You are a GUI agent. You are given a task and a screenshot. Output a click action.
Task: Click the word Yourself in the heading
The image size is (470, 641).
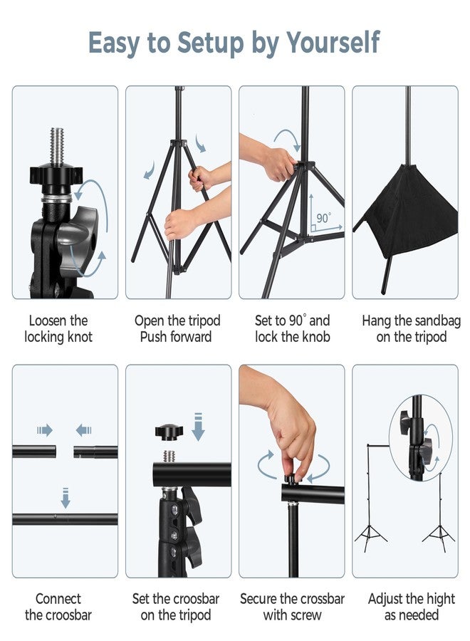coord(333,42)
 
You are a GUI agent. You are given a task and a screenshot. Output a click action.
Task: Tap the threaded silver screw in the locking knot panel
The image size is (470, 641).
coord(58,146)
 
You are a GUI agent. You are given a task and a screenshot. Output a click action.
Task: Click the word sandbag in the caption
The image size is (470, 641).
coord(439,321)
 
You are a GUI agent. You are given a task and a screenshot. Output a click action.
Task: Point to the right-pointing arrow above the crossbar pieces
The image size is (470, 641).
coord(45,430)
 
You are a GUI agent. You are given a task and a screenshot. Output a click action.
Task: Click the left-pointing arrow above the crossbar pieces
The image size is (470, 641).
coord(83,430)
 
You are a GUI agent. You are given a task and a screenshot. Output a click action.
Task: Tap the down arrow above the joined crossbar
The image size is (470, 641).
coord(66,498)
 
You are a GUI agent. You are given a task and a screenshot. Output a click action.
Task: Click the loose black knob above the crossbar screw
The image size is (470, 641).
coord(169,432)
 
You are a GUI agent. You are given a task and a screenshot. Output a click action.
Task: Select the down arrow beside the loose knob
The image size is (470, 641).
coord(198,427)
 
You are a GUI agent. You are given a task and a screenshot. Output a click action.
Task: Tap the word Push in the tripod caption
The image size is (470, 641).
coord(154,337)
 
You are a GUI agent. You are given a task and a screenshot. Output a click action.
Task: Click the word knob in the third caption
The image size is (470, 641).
coord(316,337)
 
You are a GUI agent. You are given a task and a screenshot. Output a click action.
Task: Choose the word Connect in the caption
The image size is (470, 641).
coord(58,599)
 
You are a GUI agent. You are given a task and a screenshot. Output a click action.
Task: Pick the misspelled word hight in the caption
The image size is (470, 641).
coord(441,600)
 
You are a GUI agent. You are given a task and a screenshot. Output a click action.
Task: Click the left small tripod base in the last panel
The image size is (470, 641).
coord(371,538)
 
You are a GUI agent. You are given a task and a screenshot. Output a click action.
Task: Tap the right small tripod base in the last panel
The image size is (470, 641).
coord(439,538)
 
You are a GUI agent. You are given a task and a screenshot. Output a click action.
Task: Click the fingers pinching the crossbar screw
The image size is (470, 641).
coord(295,458)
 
